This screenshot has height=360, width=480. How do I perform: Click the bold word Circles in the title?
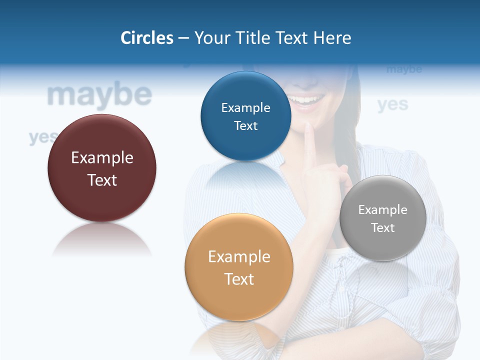click(146, 38)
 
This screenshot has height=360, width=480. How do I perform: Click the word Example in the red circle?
click(102, 158)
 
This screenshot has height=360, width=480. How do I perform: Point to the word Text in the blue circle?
click(245, 125)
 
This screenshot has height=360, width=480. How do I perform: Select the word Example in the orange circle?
click(239, 257)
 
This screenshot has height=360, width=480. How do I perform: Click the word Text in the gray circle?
click(383, 227)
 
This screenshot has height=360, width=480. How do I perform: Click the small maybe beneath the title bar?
click(404, 69)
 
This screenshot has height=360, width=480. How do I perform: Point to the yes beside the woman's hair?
click(392, 104)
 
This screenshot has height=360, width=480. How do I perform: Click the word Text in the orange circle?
click(239, 279)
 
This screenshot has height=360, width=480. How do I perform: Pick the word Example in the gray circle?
click(383, 210)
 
